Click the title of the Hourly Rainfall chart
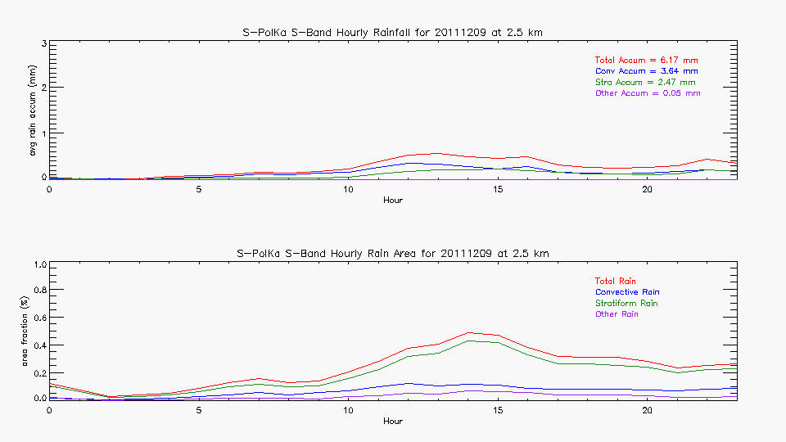(x=393, y=32)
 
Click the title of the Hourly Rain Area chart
(x=393, y=253)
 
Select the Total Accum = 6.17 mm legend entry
(x=646, y=61)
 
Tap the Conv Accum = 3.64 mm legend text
(x=646, y=71)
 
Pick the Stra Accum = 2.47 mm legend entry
(x=645, y=83)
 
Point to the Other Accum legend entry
(x=647, y=93)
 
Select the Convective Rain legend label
(x=627, y=292)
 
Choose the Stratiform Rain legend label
(x=626, y=303)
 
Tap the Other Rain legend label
(x=617, y=314)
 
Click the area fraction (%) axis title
(x=24, y=331)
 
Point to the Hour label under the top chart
(x=393, y=201)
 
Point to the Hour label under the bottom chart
(x=393, y=422)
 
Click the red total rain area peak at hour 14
(x=468, y=332)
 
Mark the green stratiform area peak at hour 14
(x=468, y=341)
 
